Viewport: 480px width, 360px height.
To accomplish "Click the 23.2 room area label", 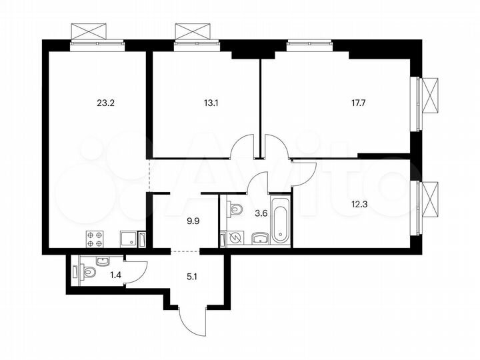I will pos(105,103).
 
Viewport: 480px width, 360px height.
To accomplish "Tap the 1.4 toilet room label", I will pos(115,273).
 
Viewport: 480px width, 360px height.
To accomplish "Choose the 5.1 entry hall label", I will pos(191,271).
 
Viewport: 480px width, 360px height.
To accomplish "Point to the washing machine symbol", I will pos(235,238).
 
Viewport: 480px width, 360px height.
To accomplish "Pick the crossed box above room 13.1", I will pos(193,31).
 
